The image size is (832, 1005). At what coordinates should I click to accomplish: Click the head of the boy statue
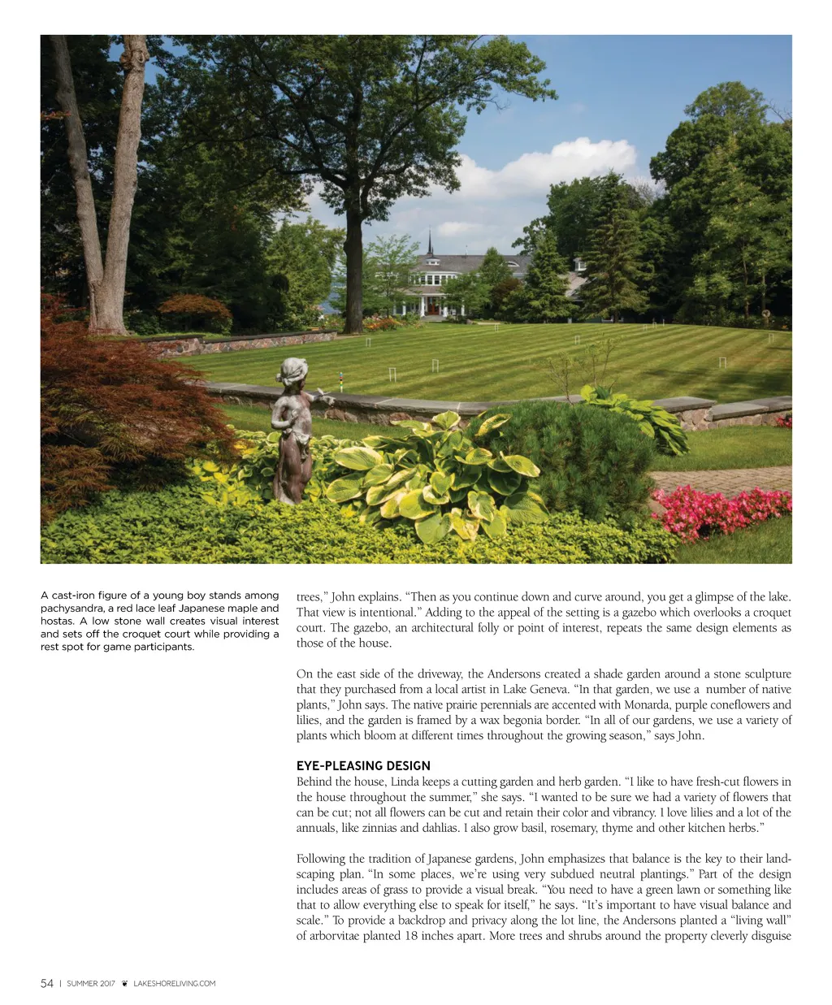click(x=291, y=371)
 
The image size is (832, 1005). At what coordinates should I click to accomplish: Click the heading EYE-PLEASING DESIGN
click(x=363, y=765)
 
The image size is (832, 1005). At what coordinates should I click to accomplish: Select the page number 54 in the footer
click(x=47, y=984)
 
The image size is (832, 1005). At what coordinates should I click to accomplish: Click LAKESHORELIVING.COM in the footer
click(x=175, y=984)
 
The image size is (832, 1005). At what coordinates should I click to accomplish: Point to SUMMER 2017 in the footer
click(x=91, y=984)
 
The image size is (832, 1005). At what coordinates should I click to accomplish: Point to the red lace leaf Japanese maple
click(x=106, y=406)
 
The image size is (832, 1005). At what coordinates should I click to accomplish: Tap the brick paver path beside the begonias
click(x=723, y=479)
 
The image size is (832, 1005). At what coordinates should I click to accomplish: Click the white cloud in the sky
click(x=552, y=167)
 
